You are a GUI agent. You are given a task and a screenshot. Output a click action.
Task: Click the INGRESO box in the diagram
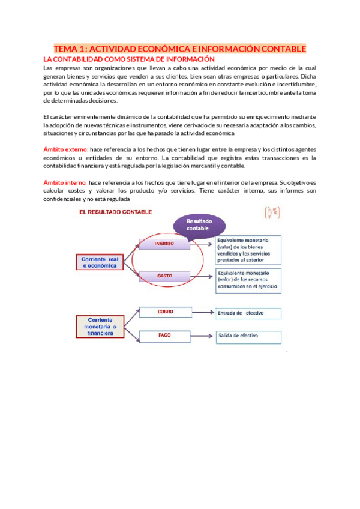[x=164, y=244]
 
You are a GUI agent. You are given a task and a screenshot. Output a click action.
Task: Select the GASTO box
[x=164, y=276]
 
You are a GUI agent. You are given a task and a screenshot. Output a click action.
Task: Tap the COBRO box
[x=165, y=312]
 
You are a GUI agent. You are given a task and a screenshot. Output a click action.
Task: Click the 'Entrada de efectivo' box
[x=248, y=313]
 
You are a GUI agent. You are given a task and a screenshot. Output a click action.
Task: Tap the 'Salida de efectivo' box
[x=248, y=337]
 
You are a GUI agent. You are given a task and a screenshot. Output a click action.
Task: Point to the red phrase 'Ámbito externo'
[x=66, y=148]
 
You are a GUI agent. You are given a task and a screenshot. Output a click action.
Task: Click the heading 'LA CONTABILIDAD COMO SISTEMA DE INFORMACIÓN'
[x=129, y=59]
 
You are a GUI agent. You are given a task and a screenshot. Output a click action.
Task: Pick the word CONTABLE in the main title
[x=280, y=49]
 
